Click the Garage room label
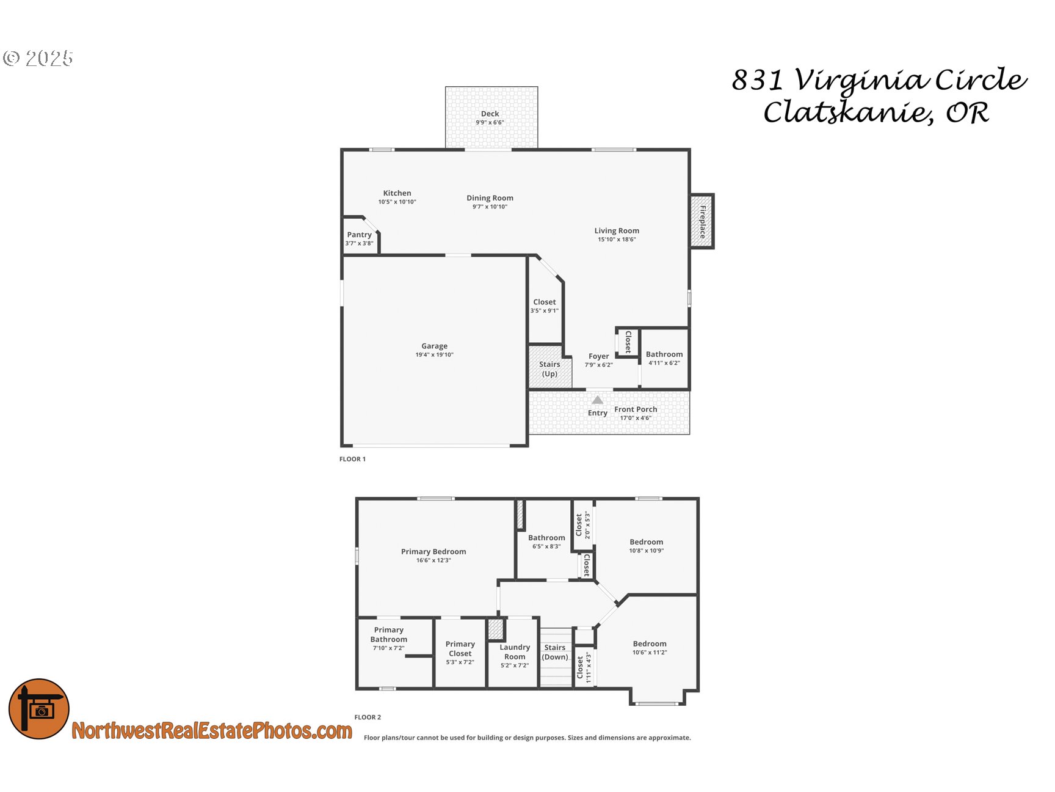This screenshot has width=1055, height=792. (x=434, y=346)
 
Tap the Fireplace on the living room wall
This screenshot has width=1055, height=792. (x=702, y=221)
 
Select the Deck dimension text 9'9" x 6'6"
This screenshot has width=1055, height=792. (x=490, y=123)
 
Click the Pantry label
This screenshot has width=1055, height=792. (x=359, y=235)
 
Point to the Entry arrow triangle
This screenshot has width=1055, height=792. (x=598, y=400)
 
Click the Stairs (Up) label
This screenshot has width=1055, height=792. (x=549, y=369)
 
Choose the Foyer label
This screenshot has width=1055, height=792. (x=598, y=356)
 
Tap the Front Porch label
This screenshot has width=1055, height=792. (x=636, y=409)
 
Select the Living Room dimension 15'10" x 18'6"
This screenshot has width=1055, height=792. (x=617, y=240)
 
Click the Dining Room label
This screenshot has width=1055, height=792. (x=490, y=198)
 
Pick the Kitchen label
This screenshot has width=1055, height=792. (x=397, y=193)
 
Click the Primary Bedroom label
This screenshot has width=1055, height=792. (x=433, y=552)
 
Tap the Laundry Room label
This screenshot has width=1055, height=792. (x=515, y=652)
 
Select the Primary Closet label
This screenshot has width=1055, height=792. (x=460, y=649)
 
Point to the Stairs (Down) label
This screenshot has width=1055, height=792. (x=555, y=653)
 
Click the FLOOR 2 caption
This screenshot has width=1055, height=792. (x=368, y=717)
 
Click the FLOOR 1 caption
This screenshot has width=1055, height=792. (x=352, y=459)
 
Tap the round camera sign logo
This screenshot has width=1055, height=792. (x=39, y=709)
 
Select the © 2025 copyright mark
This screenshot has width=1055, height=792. (x=38, y=58)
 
